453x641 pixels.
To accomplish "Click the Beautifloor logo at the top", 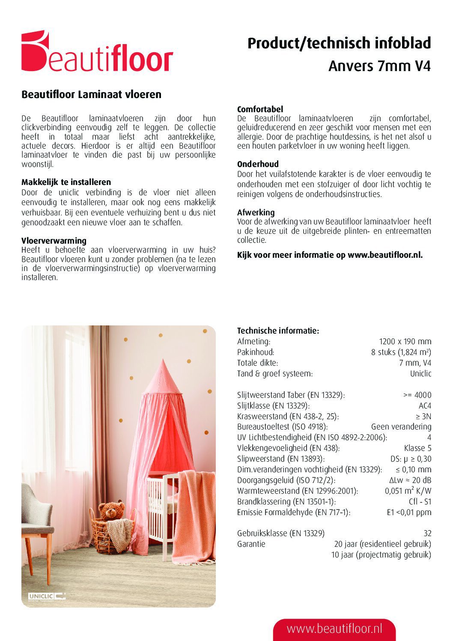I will coord(97,52).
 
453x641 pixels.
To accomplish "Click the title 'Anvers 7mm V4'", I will coord(379,66).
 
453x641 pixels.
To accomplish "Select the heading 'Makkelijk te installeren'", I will coord(66,182).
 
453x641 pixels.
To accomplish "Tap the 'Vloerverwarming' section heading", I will coord(54,241).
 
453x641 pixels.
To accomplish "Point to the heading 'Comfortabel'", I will coord(260,109).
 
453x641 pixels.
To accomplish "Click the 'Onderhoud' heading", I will coord(258,164).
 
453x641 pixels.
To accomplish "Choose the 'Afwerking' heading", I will coord(256,212).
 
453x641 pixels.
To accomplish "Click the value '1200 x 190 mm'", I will coord(405,342).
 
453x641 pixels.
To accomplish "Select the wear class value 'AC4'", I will coord(425,405).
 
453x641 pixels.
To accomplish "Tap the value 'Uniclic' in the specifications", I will coord(420,373).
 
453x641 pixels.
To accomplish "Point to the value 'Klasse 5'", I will coord(417,448).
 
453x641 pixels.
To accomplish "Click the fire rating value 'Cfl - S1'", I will coord(420,501).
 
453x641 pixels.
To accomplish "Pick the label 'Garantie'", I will coord(251,544).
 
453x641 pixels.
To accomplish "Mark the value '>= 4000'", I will coord(417,395).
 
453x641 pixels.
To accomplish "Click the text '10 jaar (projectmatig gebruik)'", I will coord(381,555).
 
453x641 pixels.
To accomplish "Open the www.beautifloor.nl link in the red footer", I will coord(334,629).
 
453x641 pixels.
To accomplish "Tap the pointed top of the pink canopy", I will coord(164,364).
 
